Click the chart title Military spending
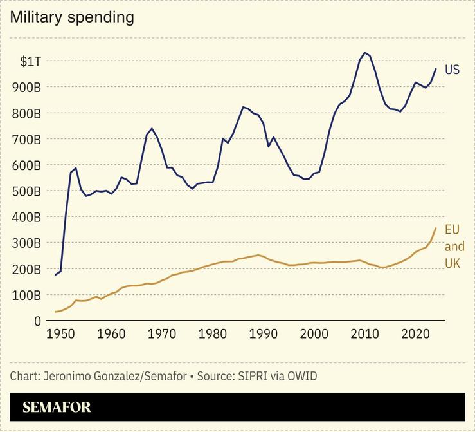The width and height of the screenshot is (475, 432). click(72, 17)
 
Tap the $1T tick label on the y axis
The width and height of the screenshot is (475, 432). click(30, 61)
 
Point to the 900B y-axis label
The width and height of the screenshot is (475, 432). click(27, 87)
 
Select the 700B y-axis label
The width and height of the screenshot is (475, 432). click(27, 139)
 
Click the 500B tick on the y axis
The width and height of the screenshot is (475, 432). click(27, 191)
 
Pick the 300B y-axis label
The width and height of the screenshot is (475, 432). click(27, 243)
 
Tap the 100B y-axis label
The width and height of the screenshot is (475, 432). click(27, 295)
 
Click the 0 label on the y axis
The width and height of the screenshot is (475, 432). click(38, 321)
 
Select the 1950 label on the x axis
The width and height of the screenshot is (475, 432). click(61, 335)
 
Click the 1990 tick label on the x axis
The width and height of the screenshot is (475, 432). click(264, 335)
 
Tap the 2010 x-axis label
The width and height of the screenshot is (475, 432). click(365, 335)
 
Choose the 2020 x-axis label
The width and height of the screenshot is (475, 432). click(416, 335)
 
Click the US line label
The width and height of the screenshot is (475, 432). click(452, 70)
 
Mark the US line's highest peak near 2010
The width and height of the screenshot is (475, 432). click(365, 53)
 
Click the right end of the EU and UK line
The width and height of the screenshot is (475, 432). click(436, 228)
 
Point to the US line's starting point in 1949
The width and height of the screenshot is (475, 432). click(56, 275)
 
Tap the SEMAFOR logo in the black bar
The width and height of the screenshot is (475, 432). click(57, 408)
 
